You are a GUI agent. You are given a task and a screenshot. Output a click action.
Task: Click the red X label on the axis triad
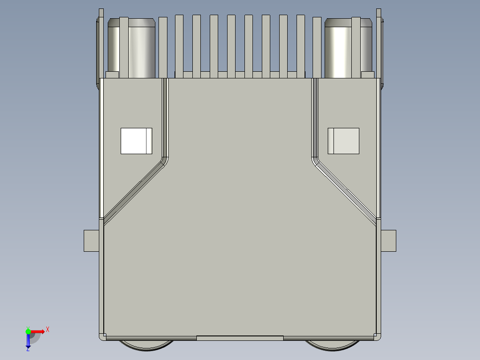(x=48, y=329)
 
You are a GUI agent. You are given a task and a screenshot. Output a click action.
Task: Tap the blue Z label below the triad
(x=28, y=349)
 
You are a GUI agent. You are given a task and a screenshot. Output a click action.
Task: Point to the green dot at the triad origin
(x=28, y=331)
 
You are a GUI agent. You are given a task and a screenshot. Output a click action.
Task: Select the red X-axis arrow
(x=38, y=331)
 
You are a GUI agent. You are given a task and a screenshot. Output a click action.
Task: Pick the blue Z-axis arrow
(x=28, y=341)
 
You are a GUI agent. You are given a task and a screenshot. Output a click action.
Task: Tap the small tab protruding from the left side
(x=91, y=241)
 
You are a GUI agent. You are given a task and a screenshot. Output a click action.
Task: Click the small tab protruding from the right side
(x=388, y=241)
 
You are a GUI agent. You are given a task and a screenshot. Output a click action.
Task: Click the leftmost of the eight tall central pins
(x=179, y=45)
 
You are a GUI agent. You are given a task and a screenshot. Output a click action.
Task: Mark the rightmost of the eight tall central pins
(x=300, y=45)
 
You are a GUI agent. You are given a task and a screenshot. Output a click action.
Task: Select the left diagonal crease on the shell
(x=134, y=189)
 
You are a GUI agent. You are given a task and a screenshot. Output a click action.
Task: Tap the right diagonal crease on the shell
(x=346, y=189)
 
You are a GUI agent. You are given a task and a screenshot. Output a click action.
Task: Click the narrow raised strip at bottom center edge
(x=240, y=338)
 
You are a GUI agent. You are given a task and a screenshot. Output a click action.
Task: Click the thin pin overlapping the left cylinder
(x=124, y=47)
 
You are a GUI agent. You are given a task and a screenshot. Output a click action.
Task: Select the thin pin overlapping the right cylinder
(x=356, y=47)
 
